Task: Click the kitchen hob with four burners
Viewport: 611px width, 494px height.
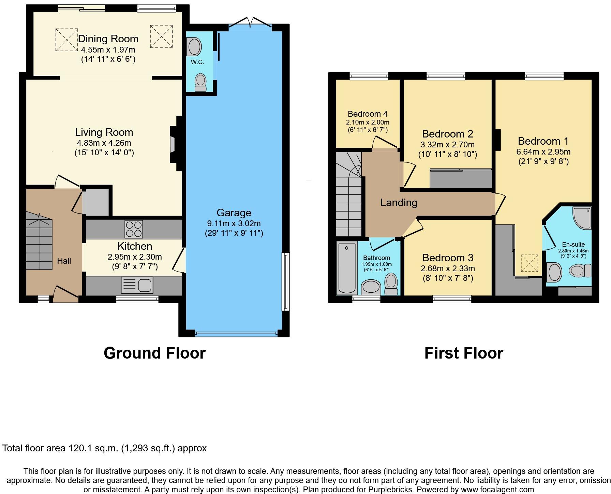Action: click(134, 229)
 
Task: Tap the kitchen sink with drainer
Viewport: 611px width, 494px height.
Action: click(137, 285)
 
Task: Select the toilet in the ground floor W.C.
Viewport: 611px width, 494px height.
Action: click(200, 83)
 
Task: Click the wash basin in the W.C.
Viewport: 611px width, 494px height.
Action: click(194, 47)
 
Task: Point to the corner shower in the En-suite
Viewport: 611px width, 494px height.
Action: click(582, 218)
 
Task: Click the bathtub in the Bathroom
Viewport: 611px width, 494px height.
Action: click(346, 268)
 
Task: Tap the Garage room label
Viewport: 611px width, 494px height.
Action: click(234, 213)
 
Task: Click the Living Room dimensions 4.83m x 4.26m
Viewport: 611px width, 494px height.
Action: click(104, 143)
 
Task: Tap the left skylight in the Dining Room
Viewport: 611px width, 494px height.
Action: click(66, 40)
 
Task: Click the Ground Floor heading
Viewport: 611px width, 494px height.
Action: click(154, 353)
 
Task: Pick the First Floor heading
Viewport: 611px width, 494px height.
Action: click(463, 353)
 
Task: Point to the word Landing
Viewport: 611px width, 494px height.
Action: click(399, 203)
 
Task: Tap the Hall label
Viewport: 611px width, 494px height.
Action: click(64, 261)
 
